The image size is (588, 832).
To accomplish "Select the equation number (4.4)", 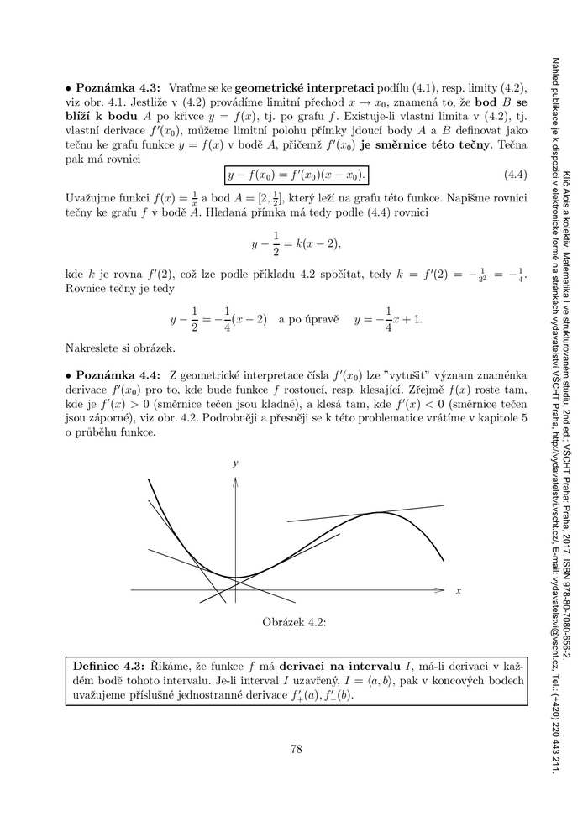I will click(x=514, y=175).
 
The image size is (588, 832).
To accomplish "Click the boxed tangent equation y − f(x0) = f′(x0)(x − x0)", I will click(x=297, y=175).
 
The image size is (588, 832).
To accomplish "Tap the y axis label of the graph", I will click(x=236, y=463).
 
